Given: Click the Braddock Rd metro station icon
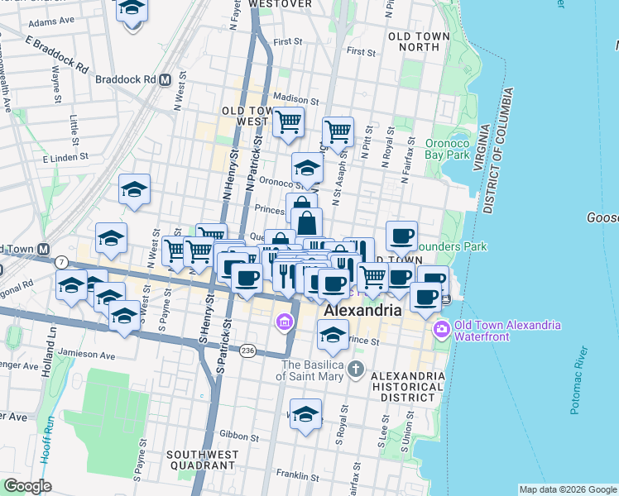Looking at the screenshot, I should click(165, 80).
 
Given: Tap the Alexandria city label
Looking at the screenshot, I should click(363, 311).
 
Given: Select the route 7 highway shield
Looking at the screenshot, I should click(62, 262).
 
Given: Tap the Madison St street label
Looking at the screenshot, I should click(292, 96).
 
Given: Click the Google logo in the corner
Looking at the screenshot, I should click(26, 486).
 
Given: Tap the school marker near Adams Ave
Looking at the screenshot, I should click(132, 12).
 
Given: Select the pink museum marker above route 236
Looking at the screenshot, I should click(284, 321).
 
